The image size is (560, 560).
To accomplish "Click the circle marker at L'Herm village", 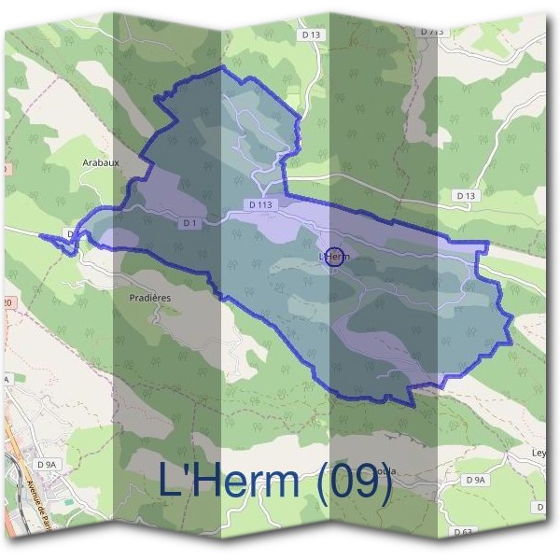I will coord(337,257).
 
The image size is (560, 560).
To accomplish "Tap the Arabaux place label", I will coord(100,161).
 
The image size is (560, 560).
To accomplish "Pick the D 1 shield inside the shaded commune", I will coord(189,223).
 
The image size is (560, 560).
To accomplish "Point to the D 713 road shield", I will coord(432,32).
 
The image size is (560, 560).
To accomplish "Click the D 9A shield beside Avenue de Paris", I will coord(47,463).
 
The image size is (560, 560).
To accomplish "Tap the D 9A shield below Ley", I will coord(475,480).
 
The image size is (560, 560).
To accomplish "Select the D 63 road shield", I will coord(463,532).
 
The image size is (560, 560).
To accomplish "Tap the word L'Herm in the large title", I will coord(229,481).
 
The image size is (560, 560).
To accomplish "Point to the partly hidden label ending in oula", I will coord(385,471).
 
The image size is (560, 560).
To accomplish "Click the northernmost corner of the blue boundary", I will coord(222,67).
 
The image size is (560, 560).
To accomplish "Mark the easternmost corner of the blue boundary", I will coord(512,323).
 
